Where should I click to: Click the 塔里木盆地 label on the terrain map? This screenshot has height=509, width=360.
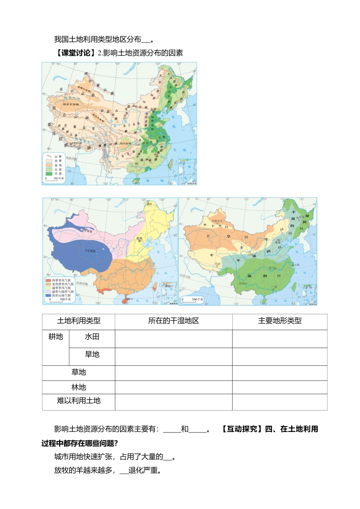click(x=71, y=104)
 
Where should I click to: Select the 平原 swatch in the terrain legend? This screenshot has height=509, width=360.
click(x=49, y=174)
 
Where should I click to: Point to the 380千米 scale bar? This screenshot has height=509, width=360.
click(x=55, y=179)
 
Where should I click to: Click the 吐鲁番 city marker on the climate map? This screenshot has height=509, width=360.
click(x=84, y=231)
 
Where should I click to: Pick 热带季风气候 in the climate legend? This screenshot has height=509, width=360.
click(x=48, y=280)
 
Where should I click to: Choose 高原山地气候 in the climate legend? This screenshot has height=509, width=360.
click(x=48, y=295)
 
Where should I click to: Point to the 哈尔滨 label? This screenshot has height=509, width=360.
click(x=300, y=218)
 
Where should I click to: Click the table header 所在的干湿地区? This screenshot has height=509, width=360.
click(x=174, y=321)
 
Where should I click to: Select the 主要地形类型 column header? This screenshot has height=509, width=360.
click(x=280, y=321)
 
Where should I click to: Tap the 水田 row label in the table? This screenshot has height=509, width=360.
click(x=92, y=337)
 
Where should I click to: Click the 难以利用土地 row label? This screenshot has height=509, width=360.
click(x=78, y=401)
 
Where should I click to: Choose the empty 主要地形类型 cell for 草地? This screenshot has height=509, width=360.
click(x=280, y=373)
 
